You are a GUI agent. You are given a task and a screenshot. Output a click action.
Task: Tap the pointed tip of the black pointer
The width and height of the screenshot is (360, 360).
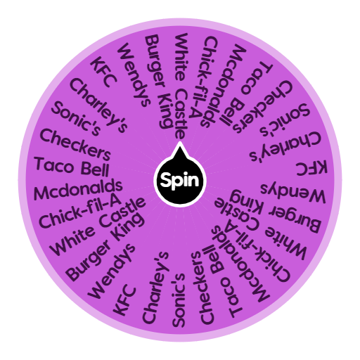point(180,142)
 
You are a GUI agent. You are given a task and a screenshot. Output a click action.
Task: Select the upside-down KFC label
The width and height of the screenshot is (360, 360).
point(311,168)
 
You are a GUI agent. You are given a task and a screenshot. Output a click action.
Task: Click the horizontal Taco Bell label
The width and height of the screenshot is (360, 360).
point(72,167)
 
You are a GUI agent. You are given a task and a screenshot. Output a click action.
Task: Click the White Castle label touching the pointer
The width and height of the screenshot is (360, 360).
point(181,86)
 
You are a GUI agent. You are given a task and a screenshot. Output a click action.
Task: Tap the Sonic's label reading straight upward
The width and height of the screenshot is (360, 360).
point(179,300)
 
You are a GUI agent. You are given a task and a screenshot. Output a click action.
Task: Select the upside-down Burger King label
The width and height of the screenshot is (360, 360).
point(275,210)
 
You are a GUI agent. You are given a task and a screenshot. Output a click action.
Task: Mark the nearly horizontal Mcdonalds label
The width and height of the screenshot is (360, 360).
point(78,190)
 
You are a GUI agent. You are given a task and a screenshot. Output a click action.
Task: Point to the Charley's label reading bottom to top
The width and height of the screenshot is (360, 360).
point(155,288)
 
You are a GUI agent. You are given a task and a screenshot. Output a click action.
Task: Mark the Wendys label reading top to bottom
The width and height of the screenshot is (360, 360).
point(134,75)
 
